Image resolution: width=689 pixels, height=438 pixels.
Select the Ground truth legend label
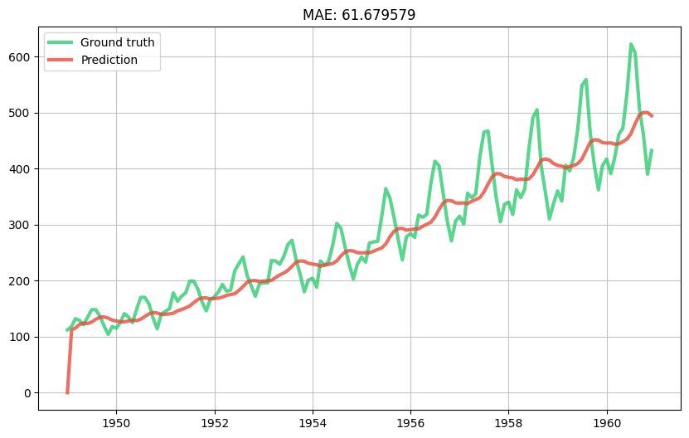(x=117, y=42)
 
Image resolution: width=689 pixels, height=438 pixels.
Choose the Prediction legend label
(x=109, y=60)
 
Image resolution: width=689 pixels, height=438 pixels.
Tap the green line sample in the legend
(x=61, y=42)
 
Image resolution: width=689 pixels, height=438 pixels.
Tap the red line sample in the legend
(x=61, y=60)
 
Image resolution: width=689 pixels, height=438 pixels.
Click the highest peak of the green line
(x=631, y=45)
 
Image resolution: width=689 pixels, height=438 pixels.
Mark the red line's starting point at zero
(x=67, y=392)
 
